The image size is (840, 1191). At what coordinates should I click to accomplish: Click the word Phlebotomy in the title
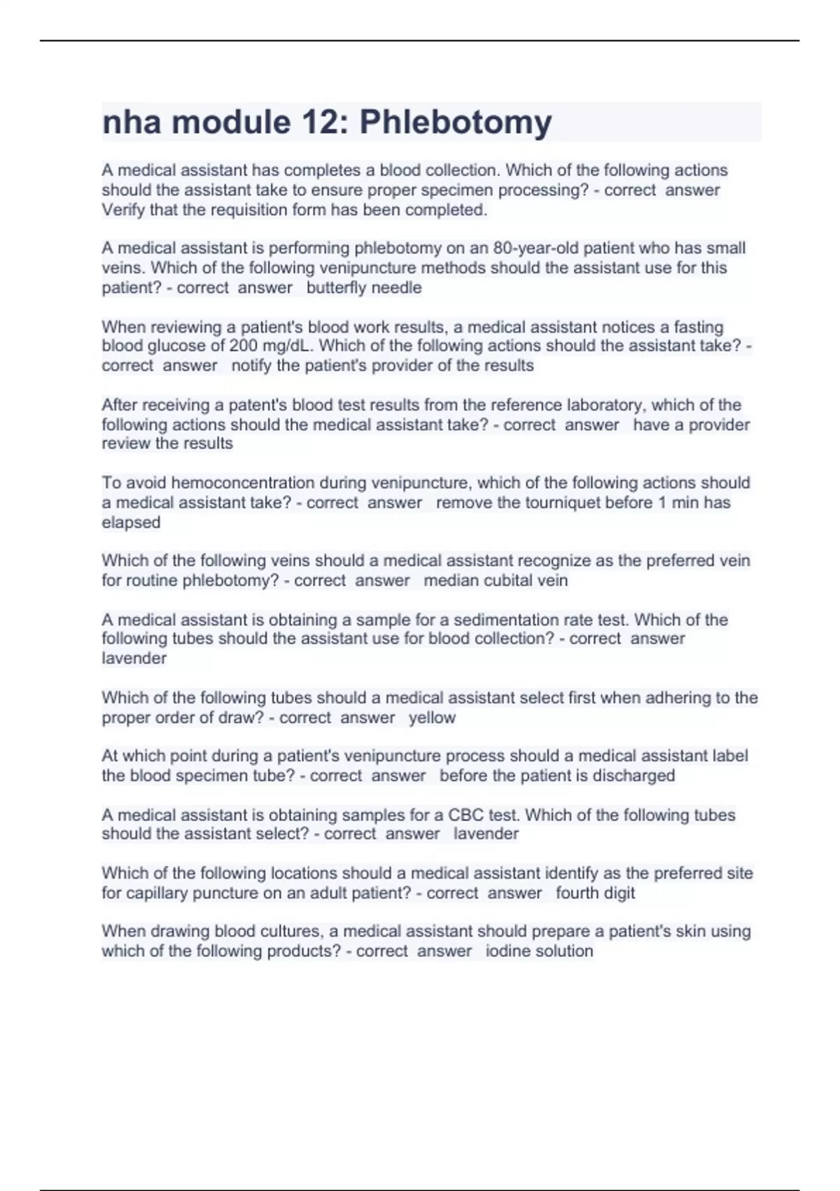click(x=456, y=123)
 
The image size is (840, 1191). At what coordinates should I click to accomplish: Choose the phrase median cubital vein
click(x=496, y=581)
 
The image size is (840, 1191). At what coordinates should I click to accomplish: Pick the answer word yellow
click(x=432, y=718)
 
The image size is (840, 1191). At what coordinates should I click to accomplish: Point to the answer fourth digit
click(x=595, y=893)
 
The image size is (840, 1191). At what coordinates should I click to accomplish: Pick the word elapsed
click(x=131, y=523)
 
